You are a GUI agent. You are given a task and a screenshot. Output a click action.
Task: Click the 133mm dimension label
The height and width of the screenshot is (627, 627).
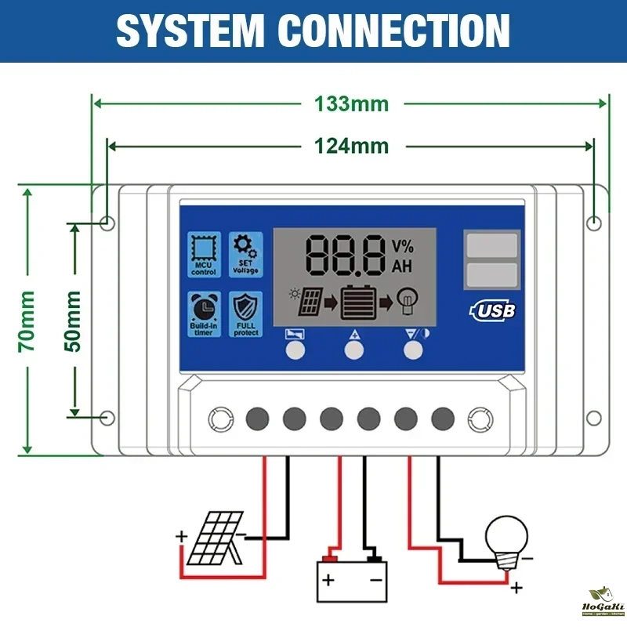click(351, 103)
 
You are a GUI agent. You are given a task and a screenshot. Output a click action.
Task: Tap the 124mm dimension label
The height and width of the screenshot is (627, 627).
click(351, 146)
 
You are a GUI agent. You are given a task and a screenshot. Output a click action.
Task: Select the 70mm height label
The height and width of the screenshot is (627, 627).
click(27, 320)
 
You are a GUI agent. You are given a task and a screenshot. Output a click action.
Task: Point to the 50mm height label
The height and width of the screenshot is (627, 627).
click(74, 320)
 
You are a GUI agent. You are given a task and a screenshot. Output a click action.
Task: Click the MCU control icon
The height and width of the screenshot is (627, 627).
click(204, 256)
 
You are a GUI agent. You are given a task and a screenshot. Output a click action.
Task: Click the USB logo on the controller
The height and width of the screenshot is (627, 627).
click(491, 310)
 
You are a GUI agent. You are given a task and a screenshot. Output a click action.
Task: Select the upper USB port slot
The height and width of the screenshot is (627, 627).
click(491, 245)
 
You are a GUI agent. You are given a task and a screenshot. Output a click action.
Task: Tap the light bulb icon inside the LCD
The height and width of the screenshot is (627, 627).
click(408, 301)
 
